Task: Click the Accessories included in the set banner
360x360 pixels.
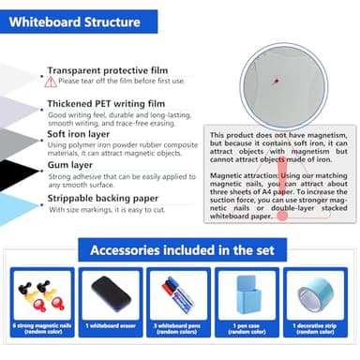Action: coord(180,250)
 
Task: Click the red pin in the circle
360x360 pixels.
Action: coord(277,81)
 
